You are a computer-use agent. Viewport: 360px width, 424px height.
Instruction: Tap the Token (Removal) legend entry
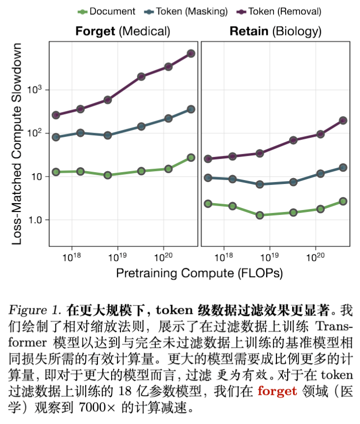(278, 11)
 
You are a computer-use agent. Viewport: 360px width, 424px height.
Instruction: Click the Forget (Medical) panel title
(122, 31)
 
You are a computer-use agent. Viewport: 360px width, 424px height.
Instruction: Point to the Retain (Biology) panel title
(275, 31)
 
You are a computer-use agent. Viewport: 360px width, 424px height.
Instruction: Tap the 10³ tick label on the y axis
(37, 90)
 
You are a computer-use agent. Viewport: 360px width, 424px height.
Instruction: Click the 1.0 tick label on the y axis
(36, 219)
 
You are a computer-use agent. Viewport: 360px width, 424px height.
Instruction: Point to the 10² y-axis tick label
(37, 133)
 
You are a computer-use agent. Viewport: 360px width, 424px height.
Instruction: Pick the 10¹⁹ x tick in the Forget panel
(118, 257)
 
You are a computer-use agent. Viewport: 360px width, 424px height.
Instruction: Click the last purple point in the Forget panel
(191, 54)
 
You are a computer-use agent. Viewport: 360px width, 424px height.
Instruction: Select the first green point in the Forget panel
(56, 172)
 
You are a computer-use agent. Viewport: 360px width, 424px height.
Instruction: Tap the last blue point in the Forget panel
(191, 109)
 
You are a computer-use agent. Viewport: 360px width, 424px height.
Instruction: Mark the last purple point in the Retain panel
(343, 121)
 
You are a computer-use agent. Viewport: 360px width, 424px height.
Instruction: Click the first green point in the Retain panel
(208, 204)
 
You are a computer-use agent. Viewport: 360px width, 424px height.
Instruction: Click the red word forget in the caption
(277, 391)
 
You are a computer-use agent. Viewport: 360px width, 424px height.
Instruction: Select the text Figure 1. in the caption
(34, 310)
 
